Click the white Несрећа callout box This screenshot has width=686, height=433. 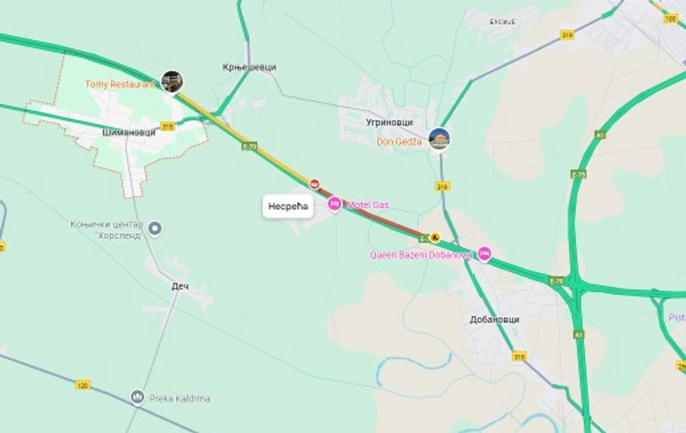click(288, 207)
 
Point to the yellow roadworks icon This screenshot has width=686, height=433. click(435, 237)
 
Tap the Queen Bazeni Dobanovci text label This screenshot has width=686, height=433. click(423, 255)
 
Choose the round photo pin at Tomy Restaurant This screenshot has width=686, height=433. click(172, 81)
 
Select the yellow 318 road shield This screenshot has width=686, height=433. click(168, 126)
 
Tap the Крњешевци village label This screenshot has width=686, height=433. click(250, 67)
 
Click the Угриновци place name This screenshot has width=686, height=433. click(390, 123)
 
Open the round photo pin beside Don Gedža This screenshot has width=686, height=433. click(439, 138)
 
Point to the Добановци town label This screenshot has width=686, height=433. click(496, 320)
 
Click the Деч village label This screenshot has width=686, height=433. click(180, 286)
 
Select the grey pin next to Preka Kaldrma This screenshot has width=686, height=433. click(137, 397)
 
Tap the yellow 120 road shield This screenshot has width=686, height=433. click(82, 383)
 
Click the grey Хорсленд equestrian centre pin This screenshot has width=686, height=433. click(155, 229)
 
